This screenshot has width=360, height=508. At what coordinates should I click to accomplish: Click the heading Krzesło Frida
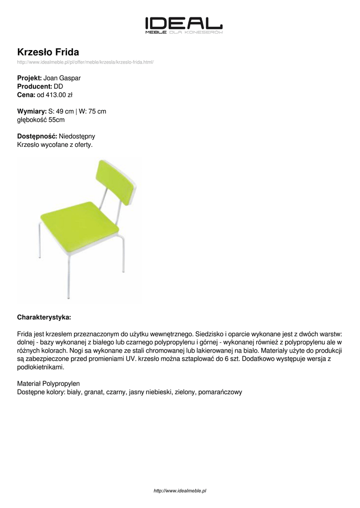[x=48, y=52]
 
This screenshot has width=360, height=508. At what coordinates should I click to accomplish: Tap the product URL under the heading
[x=85, y=62]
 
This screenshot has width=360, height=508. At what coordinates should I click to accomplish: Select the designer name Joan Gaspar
[x=62, y=78]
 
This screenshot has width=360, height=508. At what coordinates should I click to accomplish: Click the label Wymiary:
[x=32, y=111]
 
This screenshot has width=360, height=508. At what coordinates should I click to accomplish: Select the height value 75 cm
[x=97, y=111]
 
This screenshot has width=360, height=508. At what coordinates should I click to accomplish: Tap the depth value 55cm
[x=57, y=120]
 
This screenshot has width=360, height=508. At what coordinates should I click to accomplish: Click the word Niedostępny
[x=77, y=136]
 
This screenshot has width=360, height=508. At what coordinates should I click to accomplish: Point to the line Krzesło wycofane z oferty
[x=55, y=144]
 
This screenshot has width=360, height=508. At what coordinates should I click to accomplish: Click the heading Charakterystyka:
[x=44, y=317]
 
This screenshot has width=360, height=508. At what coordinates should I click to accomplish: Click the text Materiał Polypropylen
[x=48, y=384]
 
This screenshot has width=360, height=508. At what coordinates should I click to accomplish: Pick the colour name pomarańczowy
[x=219, y=392]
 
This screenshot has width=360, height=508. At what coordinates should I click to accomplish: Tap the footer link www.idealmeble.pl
[x=180, y=491]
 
